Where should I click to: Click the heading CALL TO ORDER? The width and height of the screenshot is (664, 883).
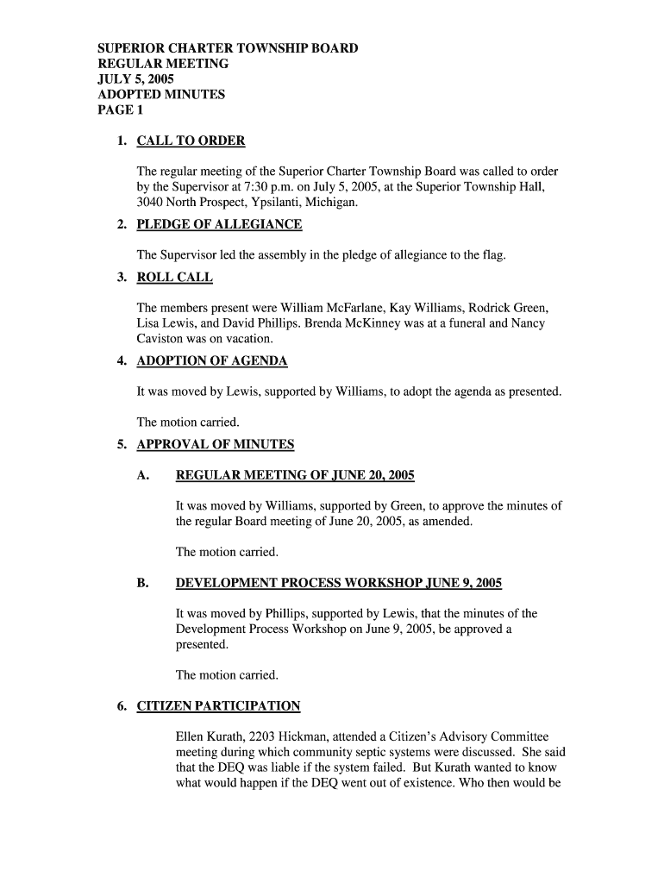[191, 141]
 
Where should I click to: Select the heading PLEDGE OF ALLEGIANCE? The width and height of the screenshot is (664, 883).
[219, 224]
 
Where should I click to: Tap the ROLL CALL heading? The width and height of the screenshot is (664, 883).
[174, 277]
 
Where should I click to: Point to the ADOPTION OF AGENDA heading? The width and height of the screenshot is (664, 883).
[212, 360]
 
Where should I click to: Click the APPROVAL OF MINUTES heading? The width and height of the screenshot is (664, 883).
[216, 444]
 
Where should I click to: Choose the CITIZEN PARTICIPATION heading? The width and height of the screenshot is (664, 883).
[218, 706]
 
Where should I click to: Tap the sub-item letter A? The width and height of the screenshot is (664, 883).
[143, 475]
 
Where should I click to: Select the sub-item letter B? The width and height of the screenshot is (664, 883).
[142, 583]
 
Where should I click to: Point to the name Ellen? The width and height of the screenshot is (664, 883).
[191, 736]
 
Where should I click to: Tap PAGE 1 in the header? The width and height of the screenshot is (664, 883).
[116, 110]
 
